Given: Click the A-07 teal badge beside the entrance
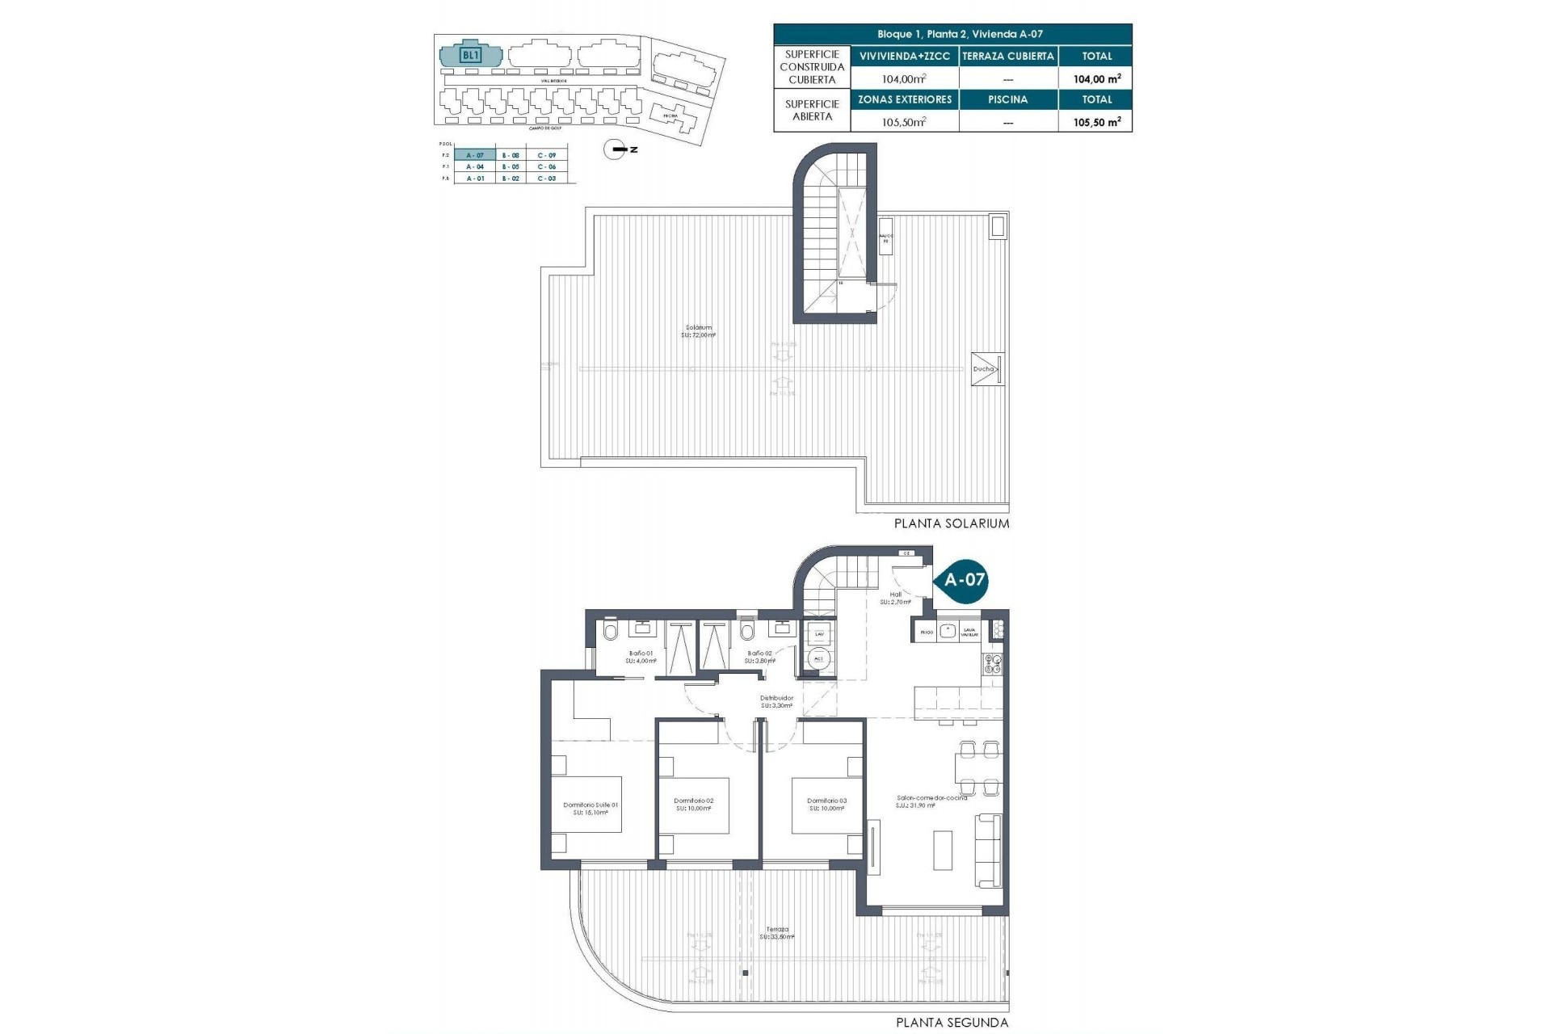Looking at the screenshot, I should (x=964, y=579).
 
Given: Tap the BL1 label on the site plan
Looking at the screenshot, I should (x=470, y=56).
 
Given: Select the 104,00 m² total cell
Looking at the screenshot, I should (x=1096, y=78).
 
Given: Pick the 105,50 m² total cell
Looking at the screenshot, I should (x=1096, y=122).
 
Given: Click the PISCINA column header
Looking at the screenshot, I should (x=1007, y=99).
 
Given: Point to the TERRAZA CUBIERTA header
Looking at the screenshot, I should (x=1007, y=56).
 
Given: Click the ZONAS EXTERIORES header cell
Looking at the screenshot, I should (x=904, y=99).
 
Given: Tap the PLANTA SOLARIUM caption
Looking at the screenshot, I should (x=951, y=523).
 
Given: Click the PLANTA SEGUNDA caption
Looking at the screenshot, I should (x=952, y=1023).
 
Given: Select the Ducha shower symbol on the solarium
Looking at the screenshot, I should (x=987, y=369).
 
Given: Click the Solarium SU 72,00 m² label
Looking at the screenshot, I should (x=699, y=331).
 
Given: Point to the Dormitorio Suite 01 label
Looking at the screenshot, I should (x=591, y=809).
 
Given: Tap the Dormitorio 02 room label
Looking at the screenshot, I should (x=693, y=805).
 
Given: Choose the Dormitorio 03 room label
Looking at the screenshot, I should (x=826, y=805).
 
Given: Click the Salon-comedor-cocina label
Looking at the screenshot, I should (x=931, y=801).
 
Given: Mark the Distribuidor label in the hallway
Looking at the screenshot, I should (x=776, y=701).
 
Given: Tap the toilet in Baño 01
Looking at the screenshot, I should (x=611, y=632).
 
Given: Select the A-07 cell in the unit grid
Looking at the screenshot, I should (x=475, y=155).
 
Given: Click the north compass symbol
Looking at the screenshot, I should (x=616, y=149).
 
